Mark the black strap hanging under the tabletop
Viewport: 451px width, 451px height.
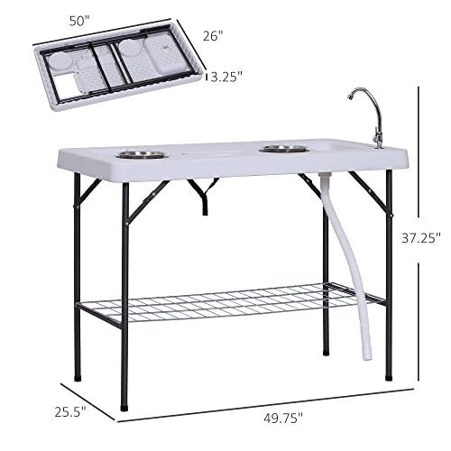205,193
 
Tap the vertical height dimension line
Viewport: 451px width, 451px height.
421,180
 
